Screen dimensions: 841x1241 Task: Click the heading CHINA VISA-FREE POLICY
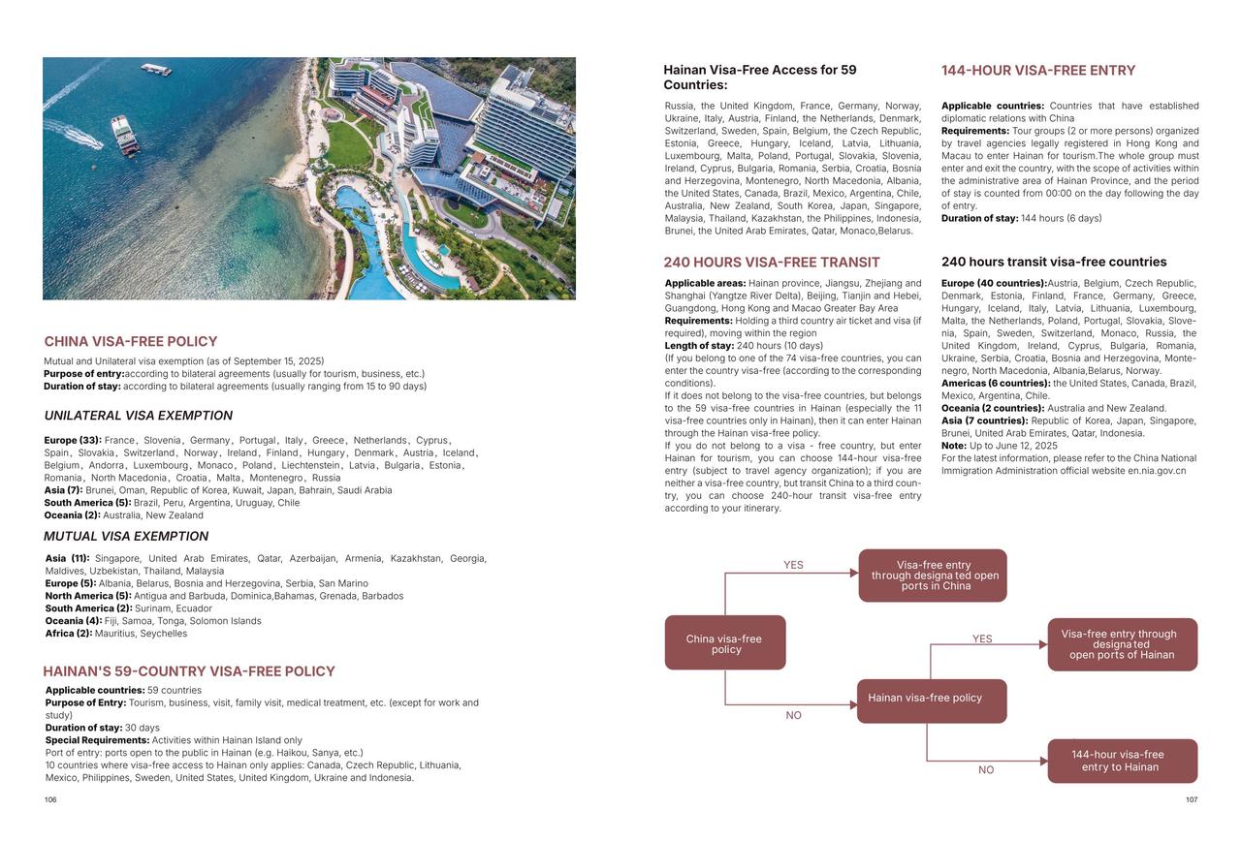coord(131,341)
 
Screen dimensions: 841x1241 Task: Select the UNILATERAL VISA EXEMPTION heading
coord(139,416)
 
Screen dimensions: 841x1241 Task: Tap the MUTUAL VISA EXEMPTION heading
coord(126,536)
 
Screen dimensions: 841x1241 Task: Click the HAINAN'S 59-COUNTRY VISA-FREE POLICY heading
coord(189,671)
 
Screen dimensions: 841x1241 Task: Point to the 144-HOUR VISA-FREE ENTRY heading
coord(1038,71)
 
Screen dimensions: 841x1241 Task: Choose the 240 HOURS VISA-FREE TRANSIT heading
coord(772,263)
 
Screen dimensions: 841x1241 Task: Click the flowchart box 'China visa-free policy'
coord(725,643)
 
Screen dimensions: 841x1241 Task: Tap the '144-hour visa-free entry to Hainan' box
coord(1122,761)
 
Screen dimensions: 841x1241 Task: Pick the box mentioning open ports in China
coord(933,576)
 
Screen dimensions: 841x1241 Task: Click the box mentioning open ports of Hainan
coord(1122,644)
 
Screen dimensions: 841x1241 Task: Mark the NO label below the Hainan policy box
coord(986,770)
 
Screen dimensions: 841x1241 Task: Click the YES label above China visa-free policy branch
coord(793,565)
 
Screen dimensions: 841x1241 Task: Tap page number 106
coord(50,800)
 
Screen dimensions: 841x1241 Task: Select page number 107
coord(1192,800)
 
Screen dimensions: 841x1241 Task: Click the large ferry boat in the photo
coord(126,136)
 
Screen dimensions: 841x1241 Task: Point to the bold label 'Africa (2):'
coord(69,634)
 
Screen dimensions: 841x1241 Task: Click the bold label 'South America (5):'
coord(87,503)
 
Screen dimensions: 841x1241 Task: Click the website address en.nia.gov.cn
coord(1157,471)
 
